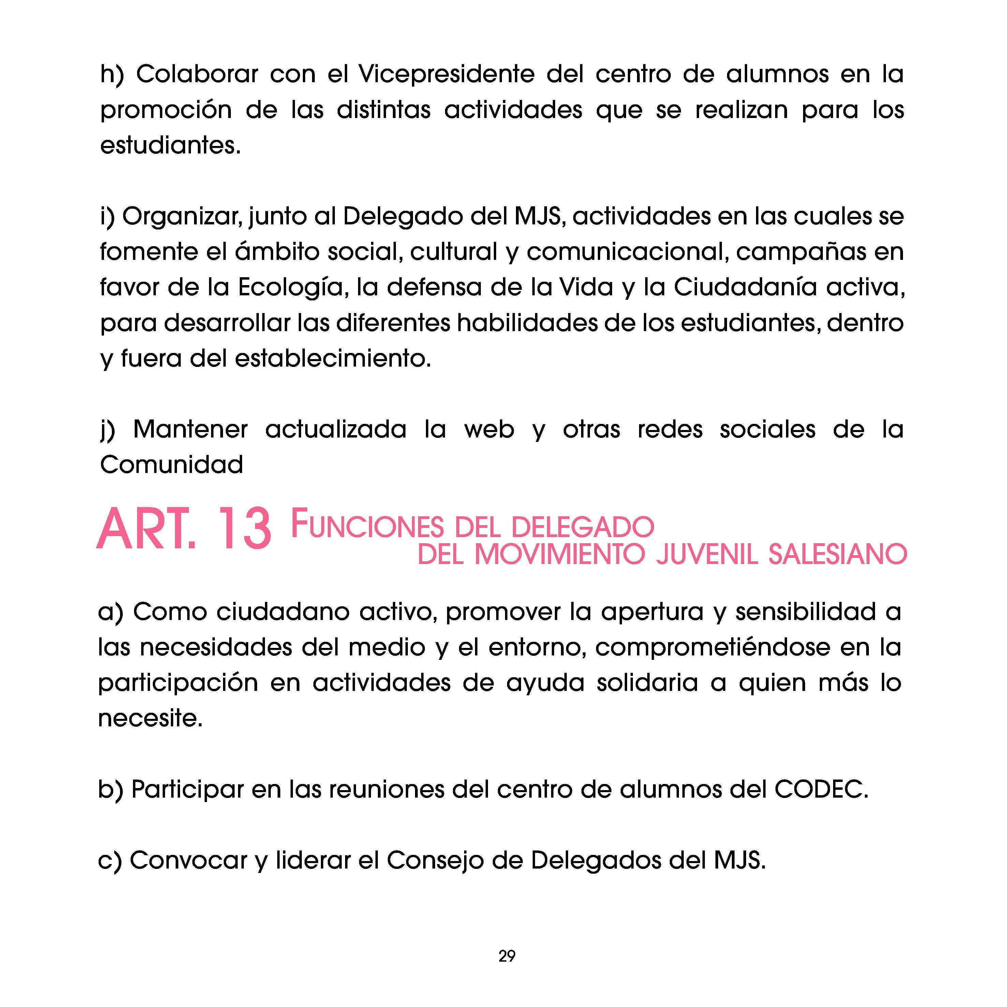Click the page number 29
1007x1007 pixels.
point(507,956)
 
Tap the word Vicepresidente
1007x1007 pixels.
point(446,75)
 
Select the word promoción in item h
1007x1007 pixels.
point(166,110)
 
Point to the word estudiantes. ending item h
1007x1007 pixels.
point(171,145)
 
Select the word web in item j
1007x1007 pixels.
point(489,429)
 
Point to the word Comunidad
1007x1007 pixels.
point(172,465)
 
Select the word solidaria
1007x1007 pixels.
point(647,683)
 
